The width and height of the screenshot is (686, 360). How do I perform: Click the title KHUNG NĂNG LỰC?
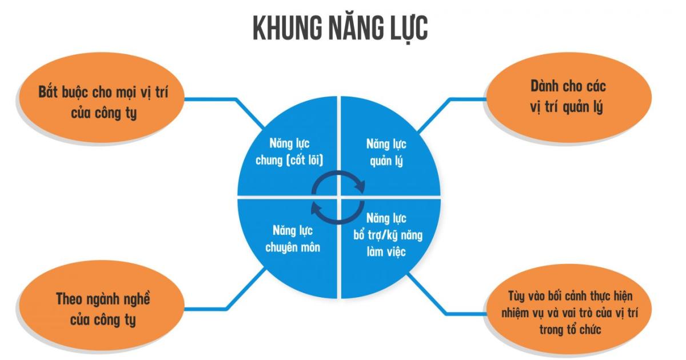click(x=340, y=29)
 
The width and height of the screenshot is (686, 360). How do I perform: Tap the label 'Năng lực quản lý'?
click(x=386, y=152)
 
